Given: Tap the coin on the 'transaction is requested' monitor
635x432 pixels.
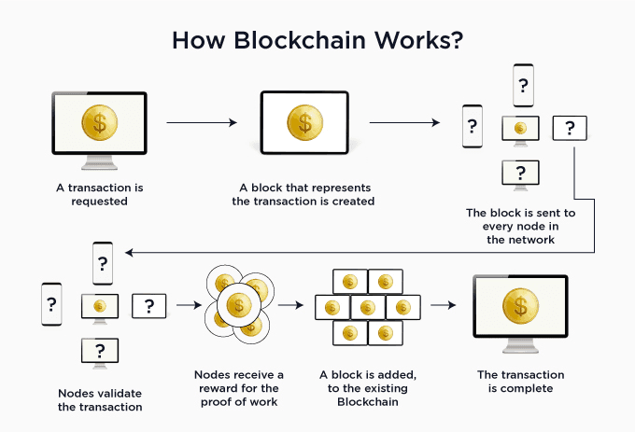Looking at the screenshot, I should coord(100,123).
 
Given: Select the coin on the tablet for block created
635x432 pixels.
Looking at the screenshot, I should coord(303,122).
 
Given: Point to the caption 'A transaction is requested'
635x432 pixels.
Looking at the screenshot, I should coord(99,193).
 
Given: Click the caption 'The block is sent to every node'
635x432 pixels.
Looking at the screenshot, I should coord(520,225).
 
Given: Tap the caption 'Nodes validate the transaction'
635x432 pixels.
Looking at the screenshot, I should coord(99,399).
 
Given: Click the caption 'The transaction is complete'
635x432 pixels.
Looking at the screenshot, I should coord(520,381).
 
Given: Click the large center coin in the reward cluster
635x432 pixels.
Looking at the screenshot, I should coord(238,304).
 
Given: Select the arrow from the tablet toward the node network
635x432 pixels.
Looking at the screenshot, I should coord(404,122).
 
